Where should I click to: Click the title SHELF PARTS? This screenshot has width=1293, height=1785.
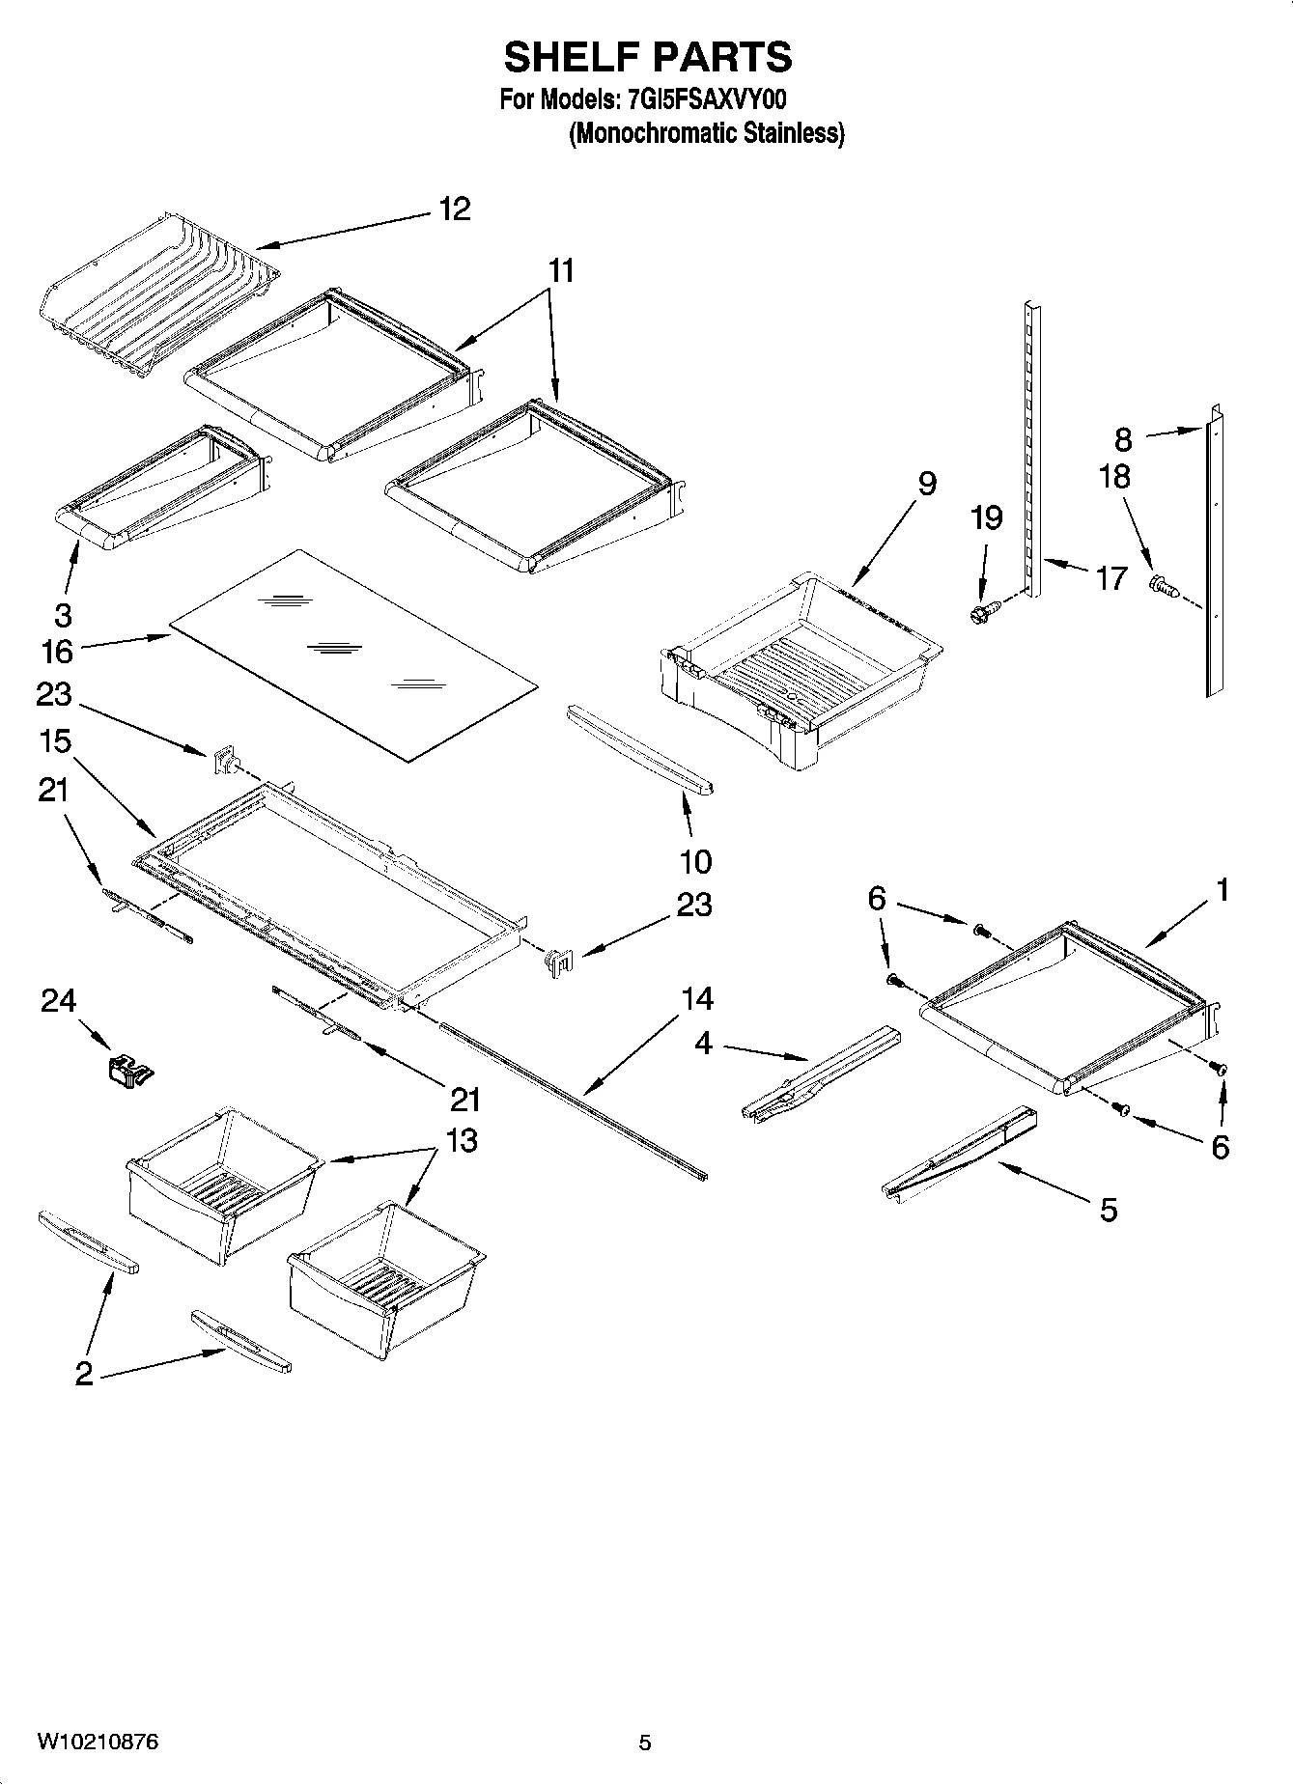(x=647, y=58)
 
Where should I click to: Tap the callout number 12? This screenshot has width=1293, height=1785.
(x=454, y=209)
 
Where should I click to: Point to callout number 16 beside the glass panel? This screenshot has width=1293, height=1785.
(x=57, y=652)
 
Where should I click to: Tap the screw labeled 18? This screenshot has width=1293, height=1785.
(x=1162, y=585)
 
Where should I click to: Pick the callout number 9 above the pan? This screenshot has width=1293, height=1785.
(x=926, y=483)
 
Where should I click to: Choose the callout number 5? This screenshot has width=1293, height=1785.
(x=1108, y=1209)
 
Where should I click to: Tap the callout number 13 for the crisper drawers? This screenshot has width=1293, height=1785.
(x=462, y=1140)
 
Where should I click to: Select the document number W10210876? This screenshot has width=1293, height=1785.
(x=98, y=1742)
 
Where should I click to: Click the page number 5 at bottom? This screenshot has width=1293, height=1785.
(x=645, y=1743)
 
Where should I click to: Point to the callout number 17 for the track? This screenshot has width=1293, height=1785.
(x=1111, y=578)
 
